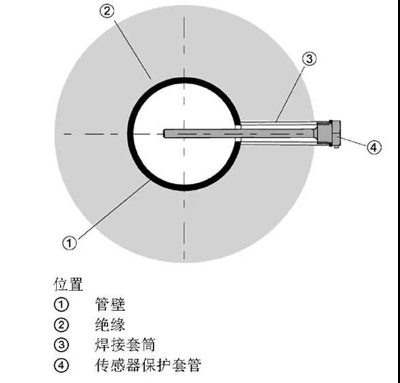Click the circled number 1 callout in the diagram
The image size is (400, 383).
point(69,243)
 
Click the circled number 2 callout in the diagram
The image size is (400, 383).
point(107,12)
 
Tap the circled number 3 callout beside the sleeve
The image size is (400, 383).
point(309,59)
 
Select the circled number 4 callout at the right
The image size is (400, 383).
point(374,147)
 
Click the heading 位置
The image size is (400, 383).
point(68,284)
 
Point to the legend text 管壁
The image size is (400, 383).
point(110,304)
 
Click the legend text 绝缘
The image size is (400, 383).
point(110,324)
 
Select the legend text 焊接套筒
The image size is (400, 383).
point(125,345)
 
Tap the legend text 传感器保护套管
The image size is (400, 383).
point(148,365)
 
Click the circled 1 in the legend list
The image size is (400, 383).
point(61,304)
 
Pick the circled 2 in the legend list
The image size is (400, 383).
point(61,324)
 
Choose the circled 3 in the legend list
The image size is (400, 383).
point(61,345)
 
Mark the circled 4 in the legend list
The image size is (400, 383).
point(61,365)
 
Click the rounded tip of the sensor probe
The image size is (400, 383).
point(165,134)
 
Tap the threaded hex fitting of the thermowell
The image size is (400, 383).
point(324,133)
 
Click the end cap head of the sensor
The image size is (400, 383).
point(336,133)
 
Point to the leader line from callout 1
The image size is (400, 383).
point(113,210)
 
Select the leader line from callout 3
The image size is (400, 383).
point(290,94)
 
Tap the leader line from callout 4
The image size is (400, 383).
point(353,141)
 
